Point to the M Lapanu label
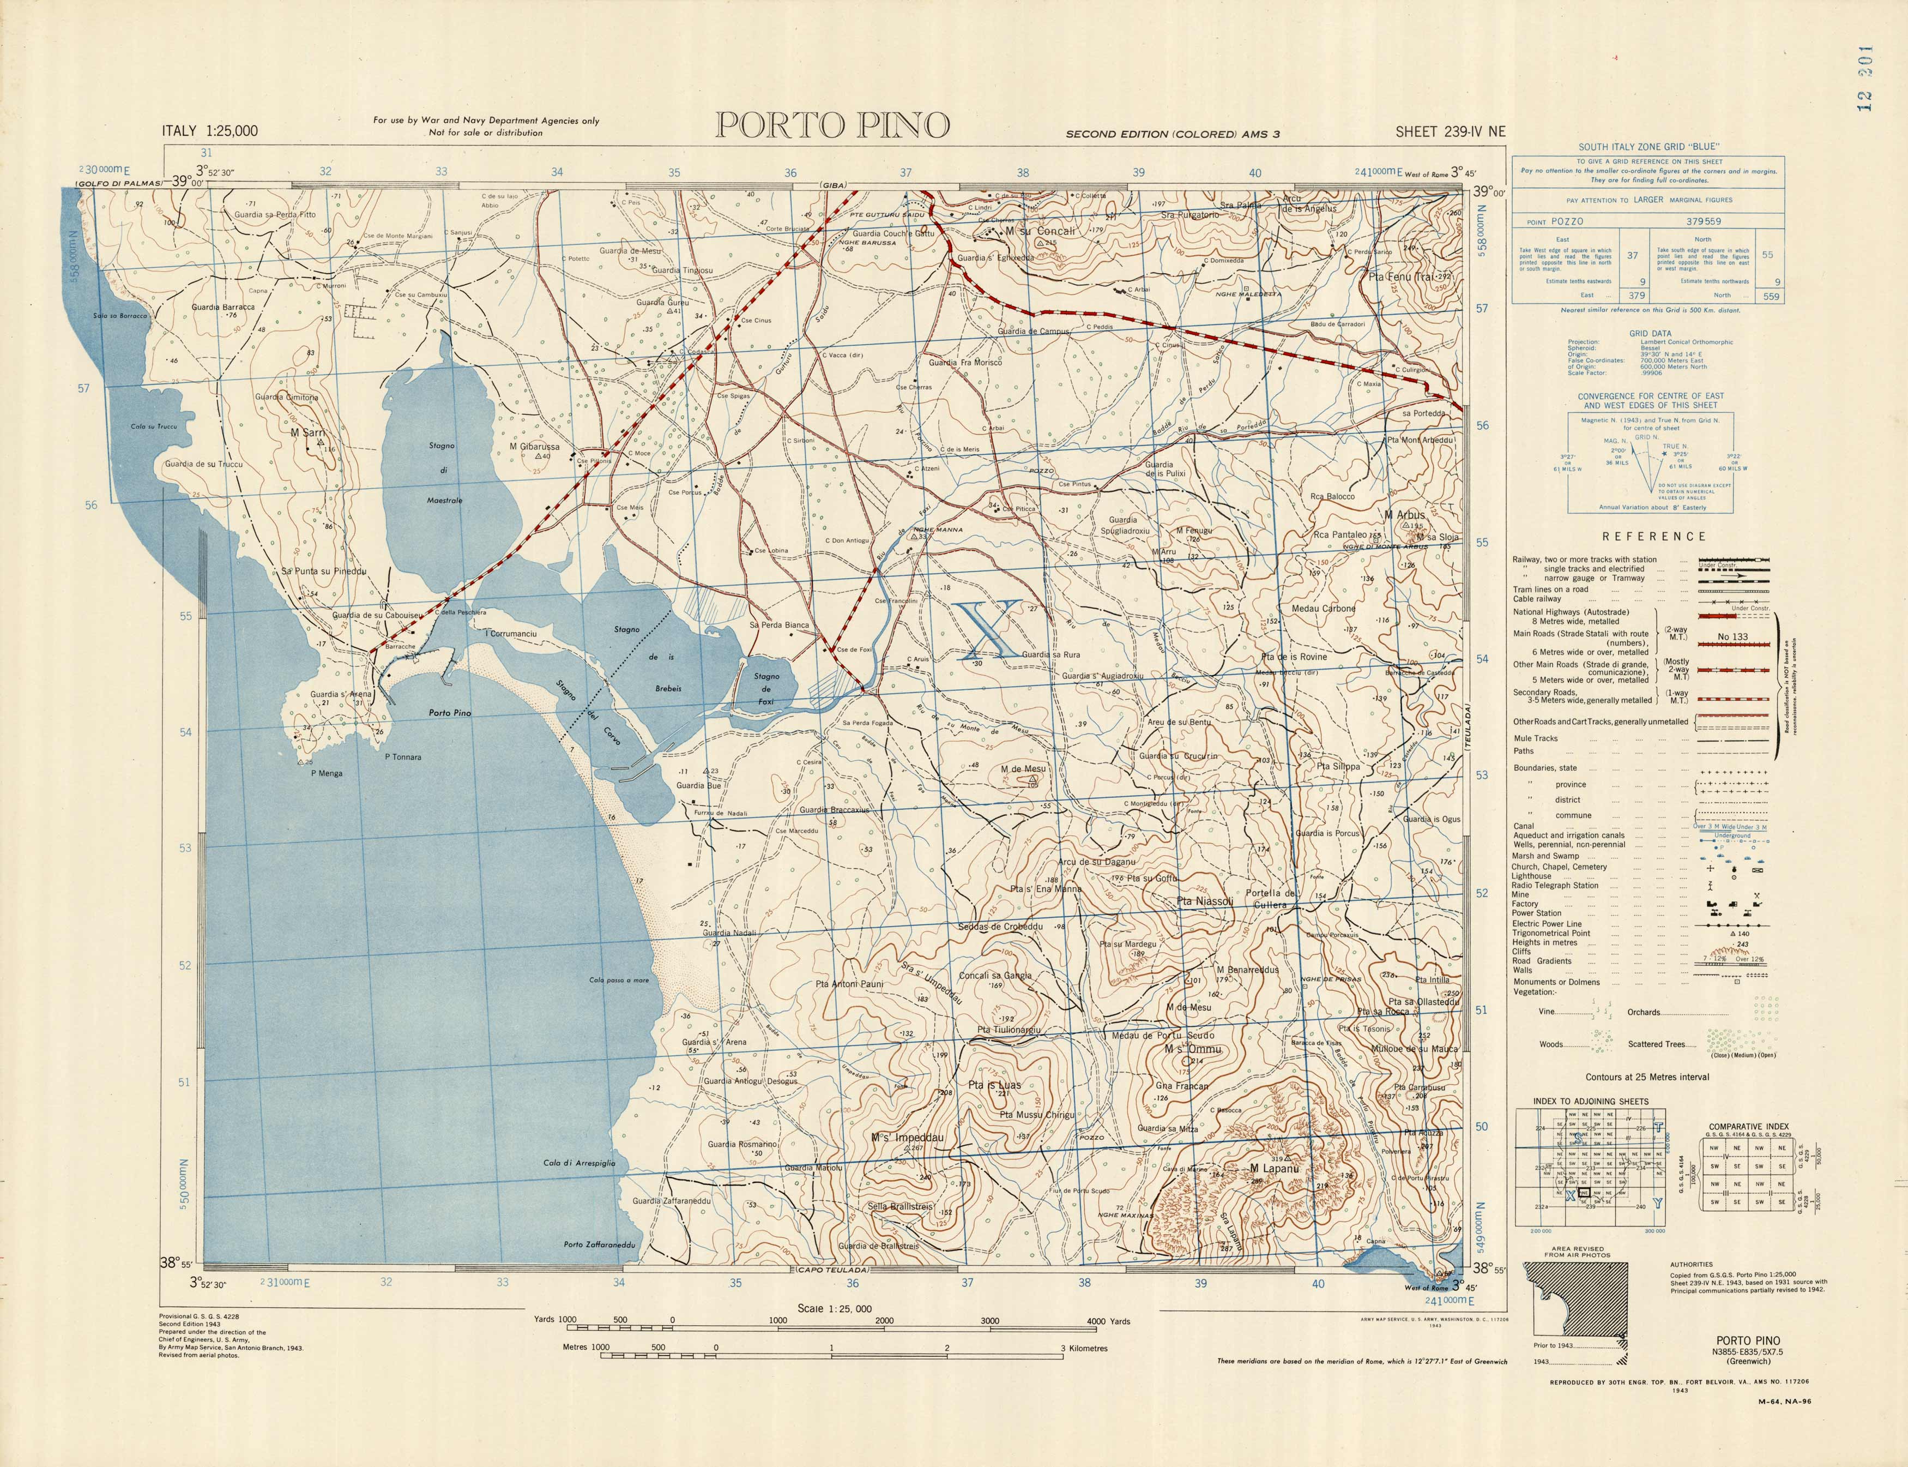pos(1275,1168)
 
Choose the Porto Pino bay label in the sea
pos(450,713)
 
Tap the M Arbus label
pos(1404,515)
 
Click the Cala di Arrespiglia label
pos(579,1163)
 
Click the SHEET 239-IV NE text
pos(1450,132)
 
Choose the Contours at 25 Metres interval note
pos(1647,1077)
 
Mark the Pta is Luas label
pos(994,1085)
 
